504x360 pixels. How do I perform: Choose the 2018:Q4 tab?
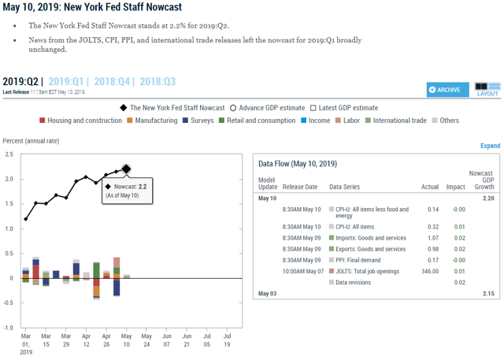115,81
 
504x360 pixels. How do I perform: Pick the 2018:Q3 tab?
158,81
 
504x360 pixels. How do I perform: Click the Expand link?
490,146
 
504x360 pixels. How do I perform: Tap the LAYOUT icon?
487,88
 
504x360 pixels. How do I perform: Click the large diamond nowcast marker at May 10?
126,169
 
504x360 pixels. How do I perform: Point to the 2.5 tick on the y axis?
8,154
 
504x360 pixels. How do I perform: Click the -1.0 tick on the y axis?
8,327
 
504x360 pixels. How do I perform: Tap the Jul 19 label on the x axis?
228,339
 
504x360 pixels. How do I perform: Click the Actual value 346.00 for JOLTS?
430,270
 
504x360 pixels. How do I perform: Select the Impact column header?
455,187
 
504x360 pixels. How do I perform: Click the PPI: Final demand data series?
360,259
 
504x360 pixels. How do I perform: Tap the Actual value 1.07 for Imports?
432,238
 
